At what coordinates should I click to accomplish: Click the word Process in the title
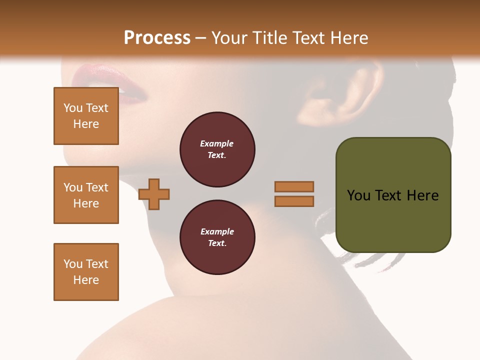(157, 38)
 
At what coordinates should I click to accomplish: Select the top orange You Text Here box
(86, 116)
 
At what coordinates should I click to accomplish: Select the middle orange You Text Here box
(86, 195)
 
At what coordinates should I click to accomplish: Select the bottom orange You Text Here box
(86, 272)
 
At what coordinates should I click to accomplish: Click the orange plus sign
(154, 194)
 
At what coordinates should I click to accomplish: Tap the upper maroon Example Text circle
(217, 149)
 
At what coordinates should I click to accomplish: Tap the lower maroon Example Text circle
(217, 237)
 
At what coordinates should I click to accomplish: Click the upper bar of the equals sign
(294, 186)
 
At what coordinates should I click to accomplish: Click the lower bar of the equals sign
(294, 201)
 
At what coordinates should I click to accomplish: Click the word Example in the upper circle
(216, 143)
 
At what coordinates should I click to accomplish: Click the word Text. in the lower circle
(217, 243)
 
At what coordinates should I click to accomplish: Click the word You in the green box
(358, 195)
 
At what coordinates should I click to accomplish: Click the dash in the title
(201, 38)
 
